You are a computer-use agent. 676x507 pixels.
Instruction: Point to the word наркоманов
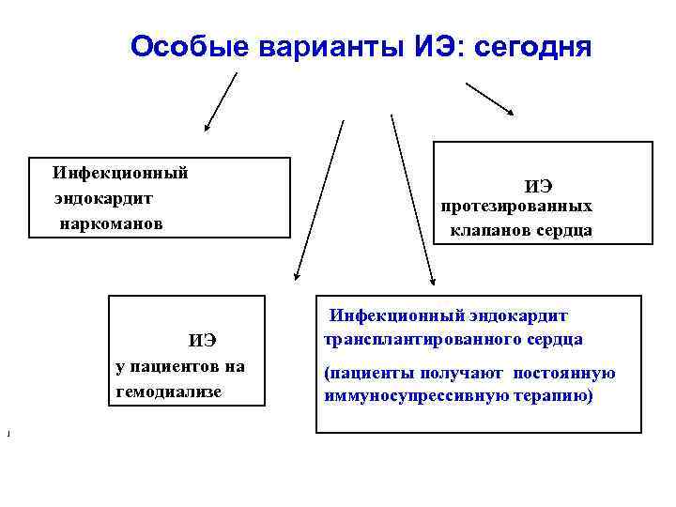tap(111, 224)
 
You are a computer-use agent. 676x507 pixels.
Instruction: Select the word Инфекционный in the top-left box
tap(120, 172)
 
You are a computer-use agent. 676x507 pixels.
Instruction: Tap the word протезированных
tap(517, 205)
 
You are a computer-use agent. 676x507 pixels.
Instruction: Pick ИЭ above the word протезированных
tap(538, 186)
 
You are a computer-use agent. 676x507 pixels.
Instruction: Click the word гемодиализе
tap(169, 391)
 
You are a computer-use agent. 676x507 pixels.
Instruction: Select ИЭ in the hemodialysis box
tap(203, 340)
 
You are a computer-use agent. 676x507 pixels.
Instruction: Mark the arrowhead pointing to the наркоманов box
tap(208, 125)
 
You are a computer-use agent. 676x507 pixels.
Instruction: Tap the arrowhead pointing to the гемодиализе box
tap(296, 277)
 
